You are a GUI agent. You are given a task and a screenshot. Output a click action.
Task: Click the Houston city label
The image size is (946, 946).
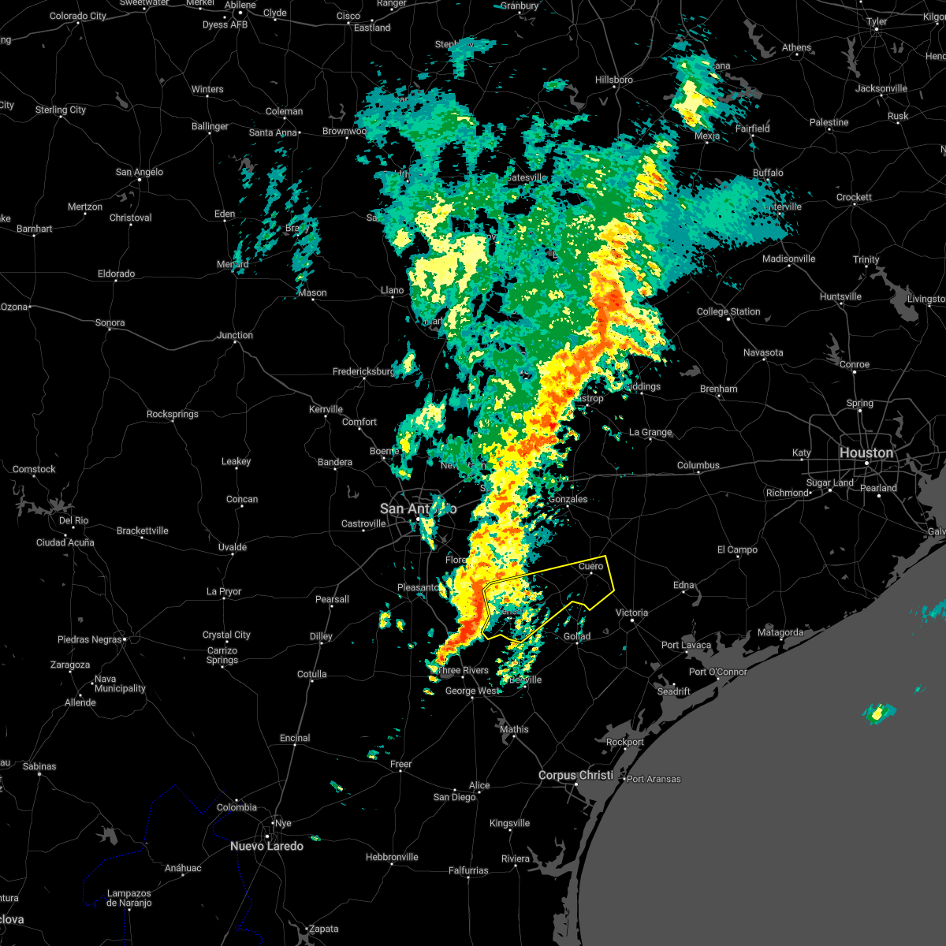pos(866,453)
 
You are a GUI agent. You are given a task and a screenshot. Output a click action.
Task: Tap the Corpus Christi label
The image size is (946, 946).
pos(575,775)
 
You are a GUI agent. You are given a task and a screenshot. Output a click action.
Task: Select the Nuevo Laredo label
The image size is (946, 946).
pos(266,846)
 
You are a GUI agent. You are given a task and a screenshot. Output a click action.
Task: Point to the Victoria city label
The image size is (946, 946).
pos(631,613)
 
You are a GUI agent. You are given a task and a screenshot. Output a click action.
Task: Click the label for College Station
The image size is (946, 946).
pos(728,311)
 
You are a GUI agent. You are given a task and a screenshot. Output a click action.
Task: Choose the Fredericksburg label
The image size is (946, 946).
pos(364,371)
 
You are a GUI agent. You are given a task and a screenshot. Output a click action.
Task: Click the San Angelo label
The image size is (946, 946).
pos(140,172)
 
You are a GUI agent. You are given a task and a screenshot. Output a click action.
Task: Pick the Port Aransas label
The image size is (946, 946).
pos(654,779)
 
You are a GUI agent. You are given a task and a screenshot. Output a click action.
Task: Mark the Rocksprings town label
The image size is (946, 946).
pos(173,414)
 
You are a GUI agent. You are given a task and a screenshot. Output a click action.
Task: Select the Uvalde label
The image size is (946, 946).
pos(233,547)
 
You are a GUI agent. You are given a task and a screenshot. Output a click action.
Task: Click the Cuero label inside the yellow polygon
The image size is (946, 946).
pos(591,566)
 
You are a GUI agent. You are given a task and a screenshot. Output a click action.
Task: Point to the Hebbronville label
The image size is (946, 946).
pos(392,857)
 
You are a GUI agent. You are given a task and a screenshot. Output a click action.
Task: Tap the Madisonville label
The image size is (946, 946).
pos(789,259)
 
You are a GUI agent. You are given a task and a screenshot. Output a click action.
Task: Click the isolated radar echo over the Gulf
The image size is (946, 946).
pos(877,713)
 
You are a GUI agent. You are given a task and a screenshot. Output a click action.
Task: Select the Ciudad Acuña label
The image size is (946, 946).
pos(65,542)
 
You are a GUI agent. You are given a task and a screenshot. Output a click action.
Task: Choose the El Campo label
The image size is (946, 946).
pos(737,549)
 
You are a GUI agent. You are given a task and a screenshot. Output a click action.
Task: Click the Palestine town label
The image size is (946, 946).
pos(829,122)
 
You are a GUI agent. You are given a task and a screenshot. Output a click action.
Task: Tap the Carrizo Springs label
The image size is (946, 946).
pos(222,655)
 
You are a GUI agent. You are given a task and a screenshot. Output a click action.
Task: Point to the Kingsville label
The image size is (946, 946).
pos(509,823)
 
